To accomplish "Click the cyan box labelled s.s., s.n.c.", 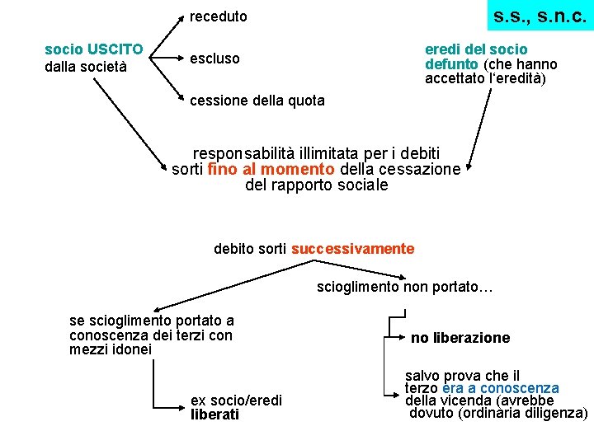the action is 540,16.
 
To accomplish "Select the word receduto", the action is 218,16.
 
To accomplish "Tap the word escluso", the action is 214,59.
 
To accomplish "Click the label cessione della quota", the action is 257,101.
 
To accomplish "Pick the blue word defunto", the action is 451,64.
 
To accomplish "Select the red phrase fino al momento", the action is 271,169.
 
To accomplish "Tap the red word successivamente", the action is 352,248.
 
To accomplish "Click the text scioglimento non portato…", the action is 404,287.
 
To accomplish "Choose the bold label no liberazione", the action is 460,338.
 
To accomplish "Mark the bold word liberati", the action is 214,415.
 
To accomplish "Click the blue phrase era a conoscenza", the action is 501,388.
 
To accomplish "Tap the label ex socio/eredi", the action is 236,400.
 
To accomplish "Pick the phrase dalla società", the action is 86,66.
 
